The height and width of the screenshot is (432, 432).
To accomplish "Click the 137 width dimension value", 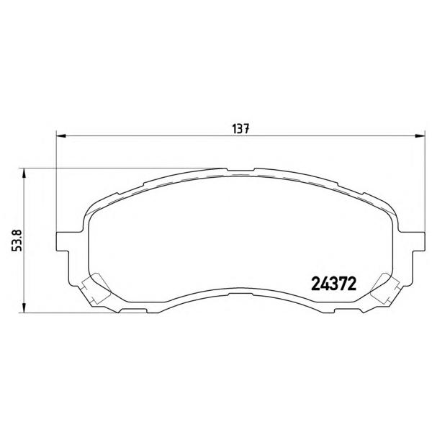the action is pyautogui.click(x=240, y=129).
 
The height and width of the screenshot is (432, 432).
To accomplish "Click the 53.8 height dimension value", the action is pyautogui.click(x=17, y=240).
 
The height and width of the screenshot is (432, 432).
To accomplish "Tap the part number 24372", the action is pyautogui.click(x=333, y=284).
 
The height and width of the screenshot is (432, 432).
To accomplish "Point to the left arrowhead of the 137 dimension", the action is pyautogui.click(x=61, y=135).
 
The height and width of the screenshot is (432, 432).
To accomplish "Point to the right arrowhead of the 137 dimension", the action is pyautogui.click(x=420, y=135).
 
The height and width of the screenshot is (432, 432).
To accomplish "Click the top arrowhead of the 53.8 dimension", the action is pyautogui.click(x=24, y=174).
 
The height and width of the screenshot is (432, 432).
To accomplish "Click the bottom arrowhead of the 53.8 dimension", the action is pyautogui.click(x=24, y=307).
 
